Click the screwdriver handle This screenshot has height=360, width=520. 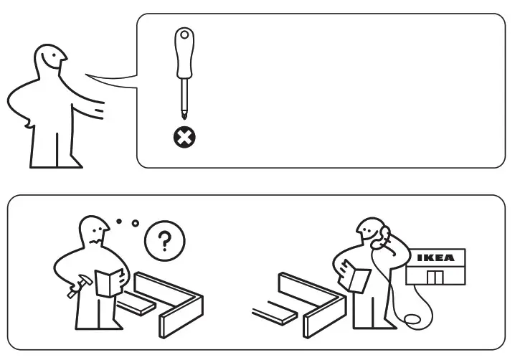click(x=184, y=54)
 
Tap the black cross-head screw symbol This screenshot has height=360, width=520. click(x=185, y=136)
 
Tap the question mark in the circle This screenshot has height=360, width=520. click(x=164, y=242)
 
